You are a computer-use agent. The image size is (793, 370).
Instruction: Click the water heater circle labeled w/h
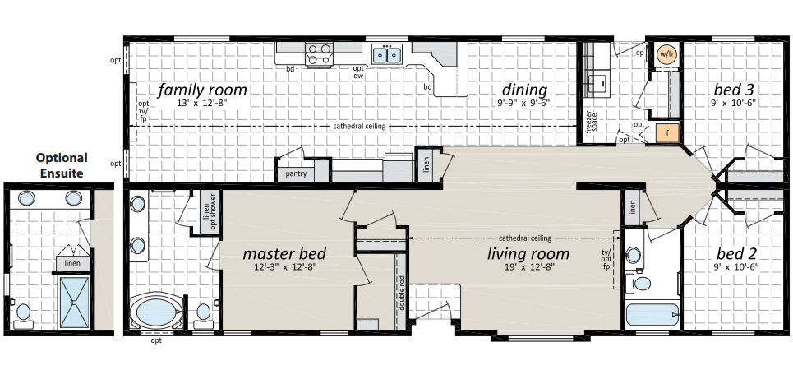(666, 54)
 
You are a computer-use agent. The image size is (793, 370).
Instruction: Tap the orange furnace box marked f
(667, 133)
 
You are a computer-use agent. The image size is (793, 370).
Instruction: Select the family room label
(202, 90)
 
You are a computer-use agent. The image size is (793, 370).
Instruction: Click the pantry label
(296, 174)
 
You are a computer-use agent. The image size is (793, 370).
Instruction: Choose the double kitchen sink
(387, 54)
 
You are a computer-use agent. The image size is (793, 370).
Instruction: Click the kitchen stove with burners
(319, 53)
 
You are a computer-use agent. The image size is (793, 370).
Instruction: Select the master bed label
(284, 253)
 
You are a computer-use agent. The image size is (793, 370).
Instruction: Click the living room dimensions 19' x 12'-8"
(528, 267)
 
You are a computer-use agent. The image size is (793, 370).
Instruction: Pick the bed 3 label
(734, 90)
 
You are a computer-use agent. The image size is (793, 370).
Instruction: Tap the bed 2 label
(737, 253)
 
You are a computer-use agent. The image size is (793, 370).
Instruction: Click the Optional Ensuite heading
(61, 165)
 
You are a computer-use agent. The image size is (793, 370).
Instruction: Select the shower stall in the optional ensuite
(74, 303)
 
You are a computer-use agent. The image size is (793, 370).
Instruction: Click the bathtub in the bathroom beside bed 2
(652, 315)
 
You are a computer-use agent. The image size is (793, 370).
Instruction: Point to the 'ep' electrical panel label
(640, 53)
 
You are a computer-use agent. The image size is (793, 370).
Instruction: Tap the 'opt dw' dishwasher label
(358, 72)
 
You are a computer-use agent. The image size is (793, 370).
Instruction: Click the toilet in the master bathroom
(203, 315)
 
